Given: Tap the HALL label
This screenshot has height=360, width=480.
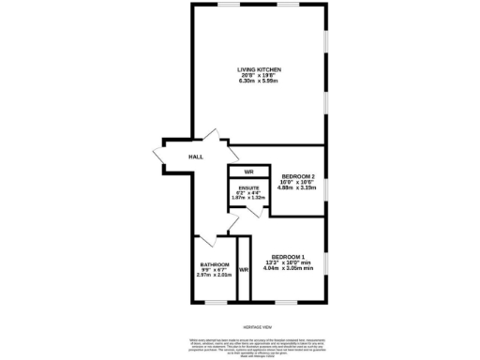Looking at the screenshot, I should point(196,157).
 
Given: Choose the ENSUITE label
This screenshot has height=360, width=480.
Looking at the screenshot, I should point(248,187).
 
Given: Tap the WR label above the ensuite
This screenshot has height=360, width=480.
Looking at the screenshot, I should point(249,172).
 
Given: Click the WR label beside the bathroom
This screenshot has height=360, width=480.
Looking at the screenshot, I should point(244,270).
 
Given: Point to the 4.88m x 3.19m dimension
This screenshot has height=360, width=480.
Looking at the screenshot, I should point(297,187).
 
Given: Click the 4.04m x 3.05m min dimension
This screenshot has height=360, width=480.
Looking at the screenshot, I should point(292,269).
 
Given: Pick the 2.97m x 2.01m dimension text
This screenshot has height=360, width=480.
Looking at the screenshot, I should point(214,276).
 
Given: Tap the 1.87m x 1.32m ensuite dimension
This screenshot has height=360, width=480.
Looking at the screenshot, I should point(248,198).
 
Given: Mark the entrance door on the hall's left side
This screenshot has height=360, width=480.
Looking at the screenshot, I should point(160,154).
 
